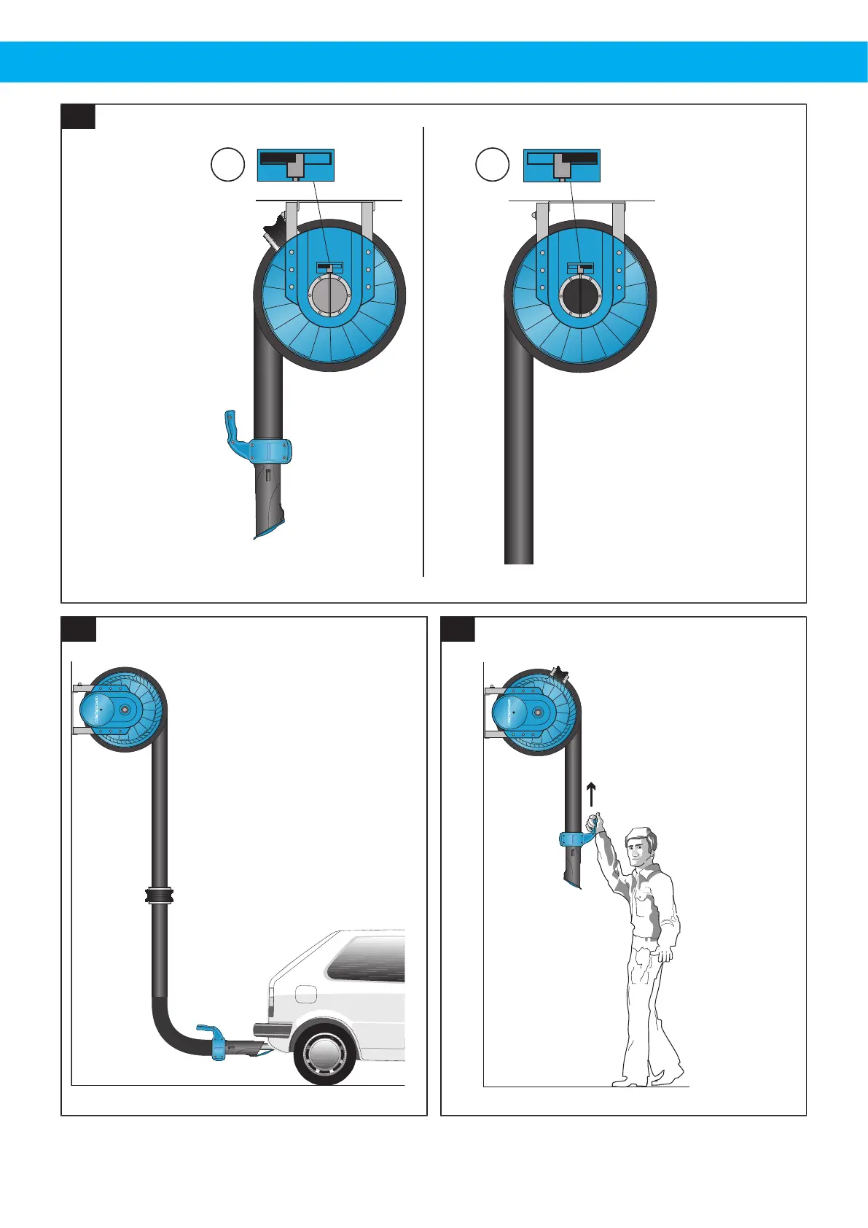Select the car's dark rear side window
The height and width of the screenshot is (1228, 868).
click(367, 958)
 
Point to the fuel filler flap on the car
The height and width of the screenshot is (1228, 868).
click(306, 993)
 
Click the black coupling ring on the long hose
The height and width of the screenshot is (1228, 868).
click(159, 895)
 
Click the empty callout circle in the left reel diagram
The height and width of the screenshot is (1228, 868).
click(227, 165)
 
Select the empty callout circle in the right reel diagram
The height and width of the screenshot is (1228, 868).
click(492, 165)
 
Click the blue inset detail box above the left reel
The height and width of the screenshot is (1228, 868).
click(295, 166)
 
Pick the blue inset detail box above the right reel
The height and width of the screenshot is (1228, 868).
click(561, 166)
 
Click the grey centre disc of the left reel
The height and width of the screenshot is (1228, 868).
click(330, 295)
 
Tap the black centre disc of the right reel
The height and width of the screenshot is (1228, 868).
click(580, 296)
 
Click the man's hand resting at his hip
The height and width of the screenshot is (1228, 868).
click(663, 952)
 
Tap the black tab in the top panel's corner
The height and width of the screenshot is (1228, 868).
click(78, 117)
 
